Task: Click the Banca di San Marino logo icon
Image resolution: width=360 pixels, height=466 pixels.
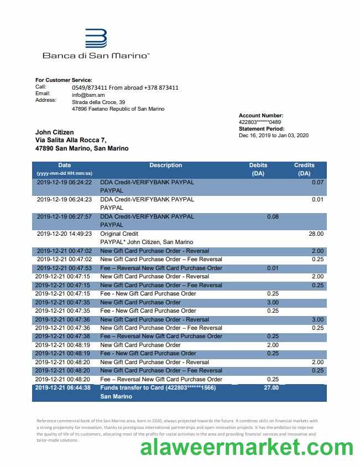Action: (96, 39)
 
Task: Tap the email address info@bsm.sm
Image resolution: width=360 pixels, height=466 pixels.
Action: (88, 95)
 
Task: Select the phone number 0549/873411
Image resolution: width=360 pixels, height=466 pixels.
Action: (89, 88)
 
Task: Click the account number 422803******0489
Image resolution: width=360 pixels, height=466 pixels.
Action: (260, 122)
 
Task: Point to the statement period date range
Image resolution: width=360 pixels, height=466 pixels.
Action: (273, 136)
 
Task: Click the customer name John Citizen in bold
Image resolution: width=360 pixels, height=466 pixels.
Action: (55, 132)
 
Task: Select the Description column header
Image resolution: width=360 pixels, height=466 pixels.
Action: (165, 165)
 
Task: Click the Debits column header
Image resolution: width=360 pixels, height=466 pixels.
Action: (258, 165)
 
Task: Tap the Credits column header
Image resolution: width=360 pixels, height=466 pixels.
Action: (304, 165)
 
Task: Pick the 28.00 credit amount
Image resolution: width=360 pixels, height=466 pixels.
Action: (316, 234)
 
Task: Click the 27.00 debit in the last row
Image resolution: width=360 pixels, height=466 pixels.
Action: (272, 388)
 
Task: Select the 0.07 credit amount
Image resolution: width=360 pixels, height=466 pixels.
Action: (317, 182)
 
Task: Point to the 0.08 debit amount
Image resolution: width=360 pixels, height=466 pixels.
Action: (273, 217)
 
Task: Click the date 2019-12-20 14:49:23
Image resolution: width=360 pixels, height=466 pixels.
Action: (64, 234)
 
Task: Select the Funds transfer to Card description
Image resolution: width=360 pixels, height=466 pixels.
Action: (158, 388)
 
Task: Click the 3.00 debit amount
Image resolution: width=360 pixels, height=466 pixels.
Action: (273, 303)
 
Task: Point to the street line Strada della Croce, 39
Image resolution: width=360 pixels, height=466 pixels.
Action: (98, 102)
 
